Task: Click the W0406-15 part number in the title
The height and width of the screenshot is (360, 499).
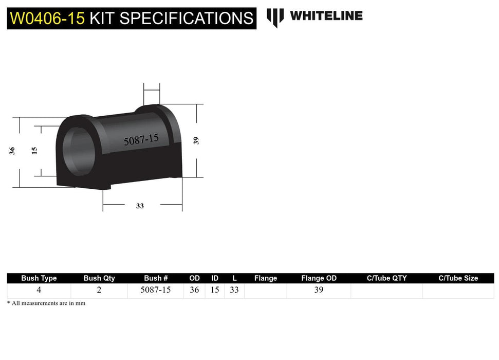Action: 47,19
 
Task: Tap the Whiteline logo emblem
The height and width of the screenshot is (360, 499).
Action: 275,17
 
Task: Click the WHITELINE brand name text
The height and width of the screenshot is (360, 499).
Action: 326,16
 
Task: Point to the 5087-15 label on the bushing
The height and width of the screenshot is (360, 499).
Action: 141,139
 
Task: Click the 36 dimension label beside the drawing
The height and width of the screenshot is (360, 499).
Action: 12,151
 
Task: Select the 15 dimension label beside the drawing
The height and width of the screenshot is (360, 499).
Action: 34,151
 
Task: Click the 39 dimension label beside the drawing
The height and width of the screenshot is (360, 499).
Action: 196,140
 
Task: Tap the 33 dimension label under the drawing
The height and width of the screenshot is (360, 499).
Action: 140,206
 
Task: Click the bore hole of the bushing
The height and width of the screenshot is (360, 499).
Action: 77,149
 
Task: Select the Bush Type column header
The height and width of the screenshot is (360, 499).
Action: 39,278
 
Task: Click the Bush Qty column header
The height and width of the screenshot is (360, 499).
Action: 99,278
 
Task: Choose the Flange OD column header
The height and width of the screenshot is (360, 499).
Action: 319,278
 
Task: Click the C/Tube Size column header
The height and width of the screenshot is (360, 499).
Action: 458,278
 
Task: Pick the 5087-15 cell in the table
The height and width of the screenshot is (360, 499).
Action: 156,290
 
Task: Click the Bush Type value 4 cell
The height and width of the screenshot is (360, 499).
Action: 39,290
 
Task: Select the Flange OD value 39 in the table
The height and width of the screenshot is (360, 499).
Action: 319,290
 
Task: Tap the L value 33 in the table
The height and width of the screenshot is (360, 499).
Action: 234,290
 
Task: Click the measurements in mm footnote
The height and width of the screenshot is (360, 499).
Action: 46,303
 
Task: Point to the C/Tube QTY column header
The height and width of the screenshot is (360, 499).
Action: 386,278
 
